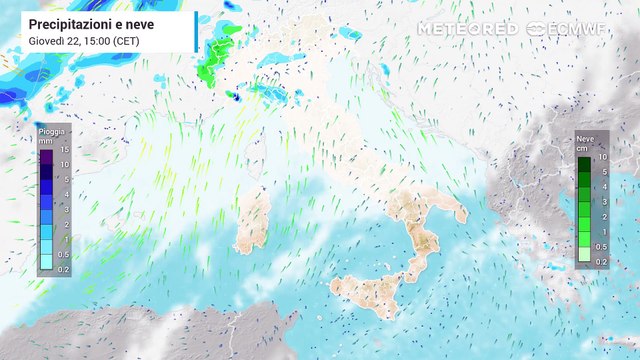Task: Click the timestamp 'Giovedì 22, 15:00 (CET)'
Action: pos(84,40)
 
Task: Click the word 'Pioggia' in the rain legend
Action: pos(51,131)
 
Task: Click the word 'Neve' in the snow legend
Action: pos(586,140)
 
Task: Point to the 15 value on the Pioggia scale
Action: pos(64,150)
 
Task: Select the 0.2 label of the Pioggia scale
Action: pos(64,269)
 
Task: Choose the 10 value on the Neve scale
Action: pos(601,158)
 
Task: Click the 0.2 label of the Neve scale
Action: pos(601,261)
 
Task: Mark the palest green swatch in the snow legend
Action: pos(584,255)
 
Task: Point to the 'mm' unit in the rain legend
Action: pos(45,141)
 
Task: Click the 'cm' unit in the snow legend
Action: pos(581,149)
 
